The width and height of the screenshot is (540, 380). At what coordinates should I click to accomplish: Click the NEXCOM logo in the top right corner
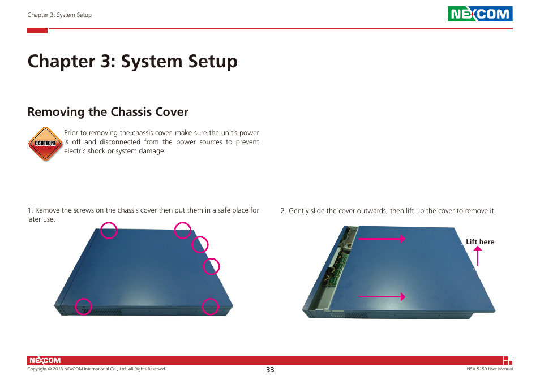click(480, 14)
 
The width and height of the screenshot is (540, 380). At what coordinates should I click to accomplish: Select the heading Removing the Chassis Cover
click(108, 112)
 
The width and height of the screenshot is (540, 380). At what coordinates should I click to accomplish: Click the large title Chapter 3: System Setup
click(132, 61)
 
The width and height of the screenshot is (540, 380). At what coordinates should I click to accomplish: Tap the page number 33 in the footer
click(270, 369)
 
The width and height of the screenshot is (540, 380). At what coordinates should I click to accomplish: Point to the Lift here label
click(480, 242)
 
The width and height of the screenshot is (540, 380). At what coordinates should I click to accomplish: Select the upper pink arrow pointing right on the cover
click(382, 239)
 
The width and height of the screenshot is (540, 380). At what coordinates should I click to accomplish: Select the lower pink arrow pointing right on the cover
click(382, 296)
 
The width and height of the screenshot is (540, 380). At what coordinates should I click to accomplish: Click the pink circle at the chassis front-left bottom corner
click(84, 306)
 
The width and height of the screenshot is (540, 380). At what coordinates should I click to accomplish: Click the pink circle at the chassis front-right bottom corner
click(211, 306)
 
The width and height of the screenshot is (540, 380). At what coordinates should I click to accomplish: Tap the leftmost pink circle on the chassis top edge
click(109, 231)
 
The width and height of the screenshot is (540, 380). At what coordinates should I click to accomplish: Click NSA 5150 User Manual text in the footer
click(485, 369)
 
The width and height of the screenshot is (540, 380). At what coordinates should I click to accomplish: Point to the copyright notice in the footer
click(96, 369)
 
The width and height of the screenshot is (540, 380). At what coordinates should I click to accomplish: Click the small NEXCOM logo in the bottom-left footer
click(44, 360)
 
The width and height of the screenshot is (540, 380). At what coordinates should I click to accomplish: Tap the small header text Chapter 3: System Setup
click(59, 15)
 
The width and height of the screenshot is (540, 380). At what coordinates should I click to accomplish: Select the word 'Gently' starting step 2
click(299, 211)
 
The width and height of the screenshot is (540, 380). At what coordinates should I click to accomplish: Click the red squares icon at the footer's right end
click(508, 360)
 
